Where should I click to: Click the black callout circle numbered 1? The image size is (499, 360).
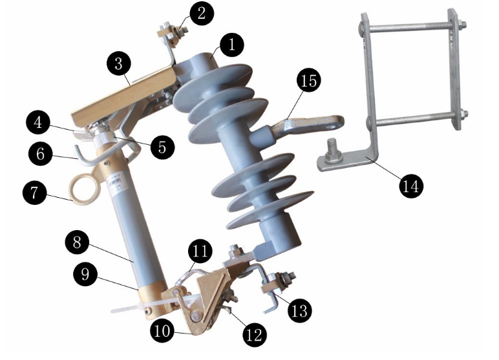pyautogui.click(x=231, y=44)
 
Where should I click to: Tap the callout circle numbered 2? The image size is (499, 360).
pyautogui.click(x=202, y=14)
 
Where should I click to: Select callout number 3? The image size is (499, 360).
pyautogui.click(x=119, y=63)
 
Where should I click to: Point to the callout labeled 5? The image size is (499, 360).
pyautogui.click(x=162, y=147)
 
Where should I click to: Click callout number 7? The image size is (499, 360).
pyautogui.click(x=35, y=193)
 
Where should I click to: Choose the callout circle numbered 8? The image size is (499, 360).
pyautogui.click(x=78, y=242)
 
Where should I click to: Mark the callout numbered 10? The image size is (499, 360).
pyautogui.click(x=162, y=331)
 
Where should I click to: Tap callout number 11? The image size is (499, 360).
pyautogui.click(x=200, y=251)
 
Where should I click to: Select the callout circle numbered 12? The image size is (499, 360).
pyautogui.click(x=255, y=335)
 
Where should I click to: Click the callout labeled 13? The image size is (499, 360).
pyautogui.click(x=300, y=310)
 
